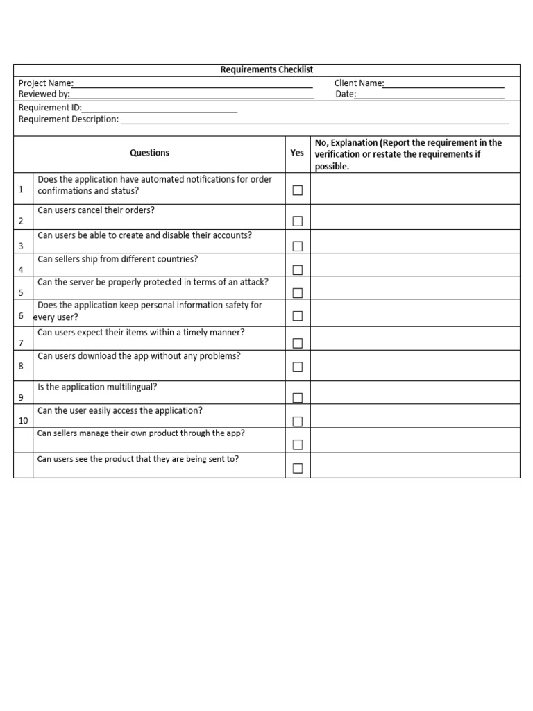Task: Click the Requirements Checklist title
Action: click(x=266, y=69)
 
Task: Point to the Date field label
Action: click(x=346, y=94)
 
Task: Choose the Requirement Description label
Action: click(x=69, y=119)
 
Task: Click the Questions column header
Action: click(x=149, y=153)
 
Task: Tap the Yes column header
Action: click(x=297, y=153)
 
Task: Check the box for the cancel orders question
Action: click(x=298, y=221)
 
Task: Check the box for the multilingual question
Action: click(x=298, y=398)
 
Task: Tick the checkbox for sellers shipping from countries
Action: click(x=298, y=270)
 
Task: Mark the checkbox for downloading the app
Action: click(x=298, y=367)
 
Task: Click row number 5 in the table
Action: click(x=21, y=293)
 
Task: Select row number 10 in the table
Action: click(x=23, y=421)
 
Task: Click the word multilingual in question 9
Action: click(x=122, y=387)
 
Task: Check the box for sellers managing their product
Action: click(x=298, y=444)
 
